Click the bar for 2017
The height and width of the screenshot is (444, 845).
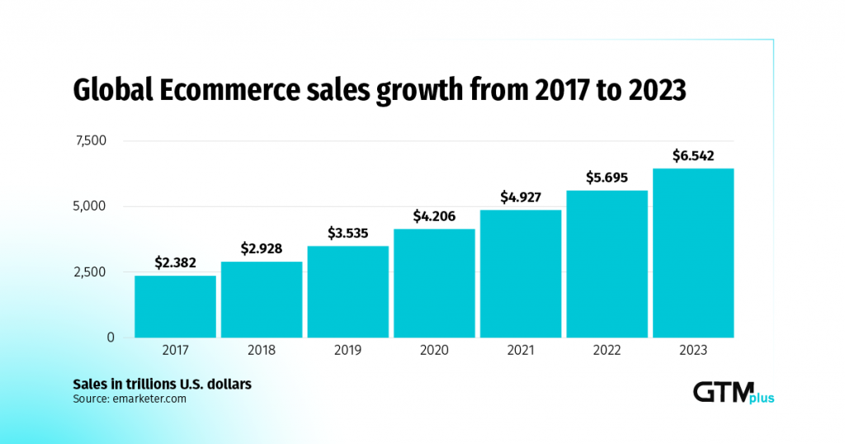point(175,306)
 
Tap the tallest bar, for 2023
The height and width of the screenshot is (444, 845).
point(693,253)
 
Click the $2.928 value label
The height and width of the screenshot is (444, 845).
point(262,248)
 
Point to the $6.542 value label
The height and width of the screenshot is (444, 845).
point(693,154)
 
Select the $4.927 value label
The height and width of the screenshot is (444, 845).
point(521,196)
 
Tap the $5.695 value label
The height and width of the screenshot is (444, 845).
point(607,177)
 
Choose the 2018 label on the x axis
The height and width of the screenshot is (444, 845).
point(262,351)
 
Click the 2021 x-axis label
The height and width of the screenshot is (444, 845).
point(521,351)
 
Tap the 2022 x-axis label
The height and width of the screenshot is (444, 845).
point(607,351)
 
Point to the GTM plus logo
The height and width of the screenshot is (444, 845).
point(733,393)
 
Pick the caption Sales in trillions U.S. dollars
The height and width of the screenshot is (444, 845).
point(162,385)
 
